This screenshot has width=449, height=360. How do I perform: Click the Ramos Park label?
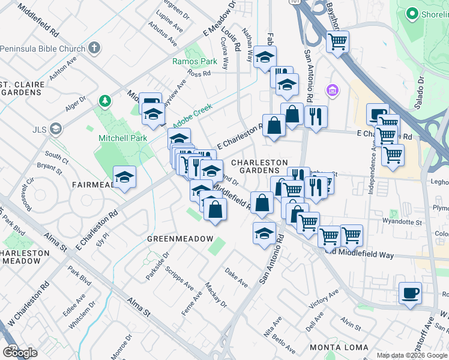194,61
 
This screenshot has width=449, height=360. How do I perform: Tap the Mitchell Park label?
122,138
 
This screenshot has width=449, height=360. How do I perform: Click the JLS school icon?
55,128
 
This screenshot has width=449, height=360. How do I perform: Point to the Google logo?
20,352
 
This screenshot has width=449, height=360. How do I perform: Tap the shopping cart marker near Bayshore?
338,42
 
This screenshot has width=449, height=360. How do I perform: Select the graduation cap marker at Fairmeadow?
125,177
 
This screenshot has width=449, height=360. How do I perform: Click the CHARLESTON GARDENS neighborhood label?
259,167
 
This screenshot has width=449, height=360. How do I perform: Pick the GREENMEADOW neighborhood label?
180,238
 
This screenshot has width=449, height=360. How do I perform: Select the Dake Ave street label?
236,277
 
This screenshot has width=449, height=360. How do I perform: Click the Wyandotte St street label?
403,222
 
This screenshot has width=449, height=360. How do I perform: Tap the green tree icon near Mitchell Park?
105,100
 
